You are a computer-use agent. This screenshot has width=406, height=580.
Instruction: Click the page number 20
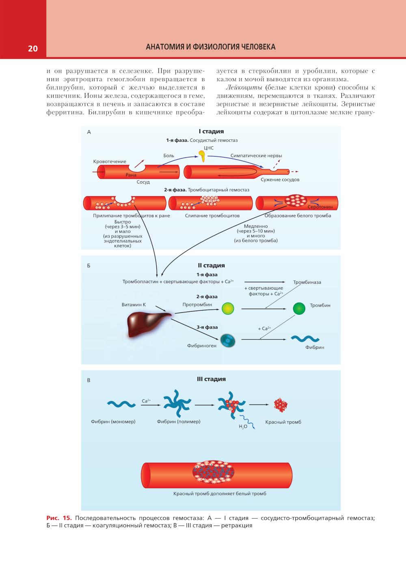32,48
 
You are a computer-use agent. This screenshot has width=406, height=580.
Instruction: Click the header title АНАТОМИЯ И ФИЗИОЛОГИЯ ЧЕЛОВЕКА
210,47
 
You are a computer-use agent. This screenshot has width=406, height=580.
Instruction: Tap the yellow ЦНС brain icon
201,155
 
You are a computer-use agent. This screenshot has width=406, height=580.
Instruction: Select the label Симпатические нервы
256,156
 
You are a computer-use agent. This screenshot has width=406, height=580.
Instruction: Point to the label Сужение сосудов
280,180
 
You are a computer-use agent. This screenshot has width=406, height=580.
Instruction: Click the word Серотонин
320,207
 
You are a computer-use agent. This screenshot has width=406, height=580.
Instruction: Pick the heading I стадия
211,131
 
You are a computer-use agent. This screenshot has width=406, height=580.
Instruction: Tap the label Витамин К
134,305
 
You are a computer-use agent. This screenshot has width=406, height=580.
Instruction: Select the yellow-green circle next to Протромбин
228,308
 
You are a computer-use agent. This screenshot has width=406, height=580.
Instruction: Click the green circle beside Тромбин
299,308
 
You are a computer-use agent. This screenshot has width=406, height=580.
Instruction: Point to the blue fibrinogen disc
228,340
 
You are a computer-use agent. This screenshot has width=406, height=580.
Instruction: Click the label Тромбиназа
307,282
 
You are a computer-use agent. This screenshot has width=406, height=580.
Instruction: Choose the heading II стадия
211,265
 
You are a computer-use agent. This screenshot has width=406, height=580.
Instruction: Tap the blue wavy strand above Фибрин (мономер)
121,404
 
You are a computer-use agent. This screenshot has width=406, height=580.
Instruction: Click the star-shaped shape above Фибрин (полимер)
177,405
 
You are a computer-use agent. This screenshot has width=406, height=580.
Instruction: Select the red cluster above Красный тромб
280,405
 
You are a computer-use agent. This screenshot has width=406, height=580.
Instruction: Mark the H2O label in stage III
243,426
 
